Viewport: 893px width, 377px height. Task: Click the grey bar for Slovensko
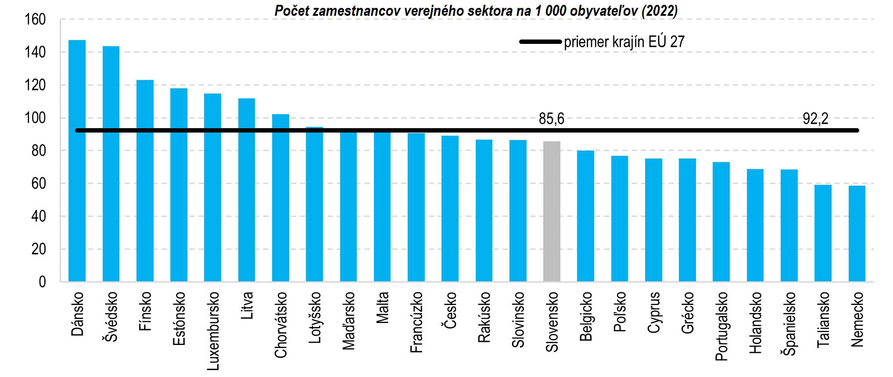pos(552,211)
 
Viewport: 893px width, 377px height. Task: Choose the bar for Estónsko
pos(179,185)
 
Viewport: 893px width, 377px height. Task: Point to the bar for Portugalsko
pos(721,222)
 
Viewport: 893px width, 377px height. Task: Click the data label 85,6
pos(552,118)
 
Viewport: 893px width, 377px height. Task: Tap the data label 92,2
pos(815,118)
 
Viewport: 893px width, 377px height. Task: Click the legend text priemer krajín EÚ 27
pos(624,42)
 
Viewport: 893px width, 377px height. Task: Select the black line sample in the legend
pos(540,42)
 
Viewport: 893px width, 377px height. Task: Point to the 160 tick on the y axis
pos(35,19)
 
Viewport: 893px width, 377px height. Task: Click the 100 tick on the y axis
pos(35,118)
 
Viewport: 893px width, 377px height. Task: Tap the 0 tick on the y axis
pos(42,282)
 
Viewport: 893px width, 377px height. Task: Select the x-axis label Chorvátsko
pos(281,325)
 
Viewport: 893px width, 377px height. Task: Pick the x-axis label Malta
pos(383,308)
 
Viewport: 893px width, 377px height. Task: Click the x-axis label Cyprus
pos(654,312)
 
